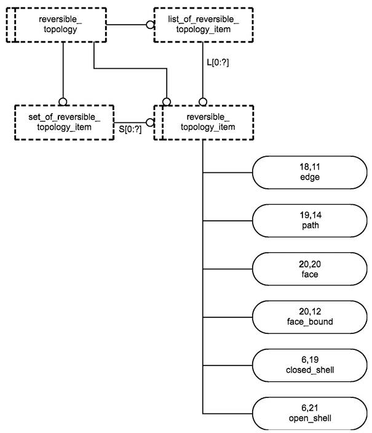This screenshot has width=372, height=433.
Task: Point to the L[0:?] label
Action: [x=218, y=62]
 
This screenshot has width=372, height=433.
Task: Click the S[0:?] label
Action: [x=130, y=129]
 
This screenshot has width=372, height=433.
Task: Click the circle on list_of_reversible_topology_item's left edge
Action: [x=150, y=25]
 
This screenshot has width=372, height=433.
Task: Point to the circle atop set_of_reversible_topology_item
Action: [x=63, y=101]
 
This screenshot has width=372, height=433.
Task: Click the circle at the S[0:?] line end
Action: [x=150, y=122]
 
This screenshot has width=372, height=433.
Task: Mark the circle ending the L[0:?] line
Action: [x=203, y=101]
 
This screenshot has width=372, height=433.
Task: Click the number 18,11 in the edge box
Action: [x=310, y=167]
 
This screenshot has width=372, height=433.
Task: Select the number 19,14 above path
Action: [x=311, y=215]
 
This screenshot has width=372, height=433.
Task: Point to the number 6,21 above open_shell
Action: [x=309, y=408]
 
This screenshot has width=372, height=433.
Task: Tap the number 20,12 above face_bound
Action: [x=310, y=311]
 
